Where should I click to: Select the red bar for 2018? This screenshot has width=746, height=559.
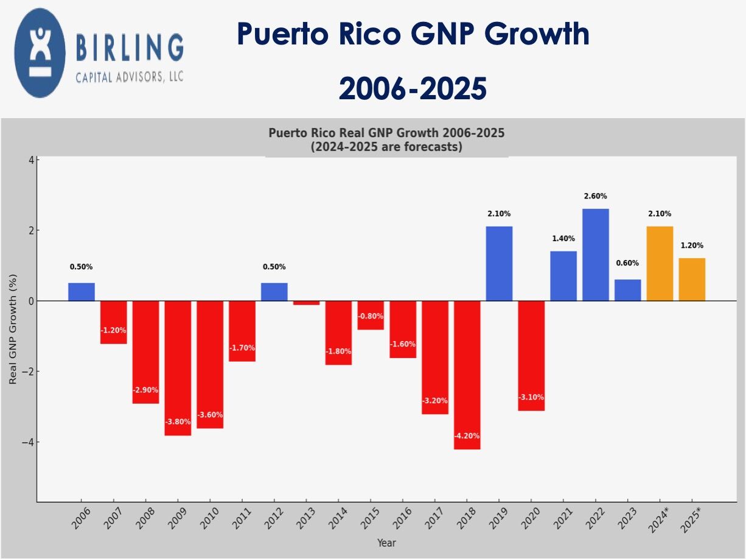tap(467, 374)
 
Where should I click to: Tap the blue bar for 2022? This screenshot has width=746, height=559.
tap(596, 255)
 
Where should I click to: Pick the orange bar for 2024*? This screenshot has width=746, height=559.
tap(660, 264)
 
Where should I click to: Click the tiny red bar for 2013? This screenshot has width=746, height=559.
tap(307, 303)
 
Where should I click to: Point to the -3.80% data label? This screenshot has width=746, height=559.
tap(178, 421)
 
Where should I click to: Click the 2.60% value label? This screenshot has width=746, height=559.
tap(595, 197)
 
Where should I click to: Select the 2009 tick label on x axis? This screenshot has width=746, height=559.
tap(178, 518)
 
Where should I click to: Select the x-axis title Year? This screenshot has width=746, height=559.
tap(386, 543)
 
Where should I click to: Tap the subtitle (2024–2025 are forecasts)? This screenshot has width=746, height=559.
tap(386, 147)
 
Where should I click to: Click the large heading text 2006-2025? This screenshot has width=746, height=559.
tap(413, 89)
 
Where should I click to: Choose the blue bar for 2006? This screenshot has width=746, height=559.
tap(82, 292)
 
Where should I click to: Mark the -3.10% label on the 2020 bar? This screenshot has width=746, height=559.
tap(531, 398)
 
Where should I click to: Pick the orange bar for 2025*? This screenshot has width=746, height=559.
tap(692, 279)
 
